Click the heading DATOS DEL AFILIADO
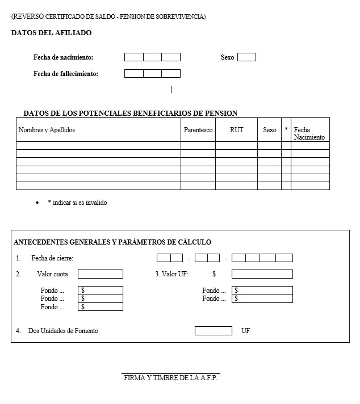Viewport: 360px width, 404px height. tap(51, 33)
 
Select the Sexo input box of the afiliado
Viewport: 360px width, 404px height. tap(246, 57)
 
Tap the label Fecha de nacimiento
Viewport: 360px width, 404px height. tap(63, 57)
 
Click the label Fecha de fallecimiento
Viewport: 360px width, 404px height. tap(66, 74)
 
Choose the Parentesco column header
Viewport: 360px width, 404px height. tap(198, 130)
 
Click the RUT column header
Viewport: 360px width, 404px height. tap(236, 130)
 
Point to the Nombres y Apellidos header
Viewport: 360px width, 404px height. tap(47, 130)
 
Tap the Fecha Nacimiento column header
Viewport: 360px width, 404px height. tap(309, 133)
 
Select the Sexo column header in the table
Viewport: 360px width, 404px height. tap(269, 130)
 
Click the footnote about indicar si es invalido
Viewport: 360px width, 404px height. tap(77, 203)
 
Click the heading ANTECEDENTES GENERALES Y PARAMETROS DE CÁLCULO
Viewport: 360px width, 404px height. tap(112, 242)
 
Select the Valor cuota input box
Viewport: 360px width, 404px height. tap(100, 274)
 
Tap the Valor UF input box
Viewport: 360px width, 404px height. tap(262, 274)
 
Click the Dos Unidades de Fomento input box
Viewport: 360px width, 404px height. tap(213, 331)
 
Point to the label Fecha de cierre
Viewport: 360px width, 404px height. tap(52, 258)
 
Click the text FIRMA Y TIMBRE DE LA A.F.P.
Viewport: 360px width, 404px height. tap(170, 378)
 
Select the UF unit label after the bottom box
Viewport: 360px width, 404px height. tap(245, 331)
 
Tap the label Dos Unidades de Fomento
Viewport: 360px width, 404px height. tap(63, 331)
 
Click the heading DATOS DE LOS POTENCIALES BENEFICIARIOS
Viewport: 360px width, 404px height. tap(130, 113)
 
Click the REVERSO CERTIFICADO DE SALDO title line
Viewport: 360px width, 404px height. tap(108, 16)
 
